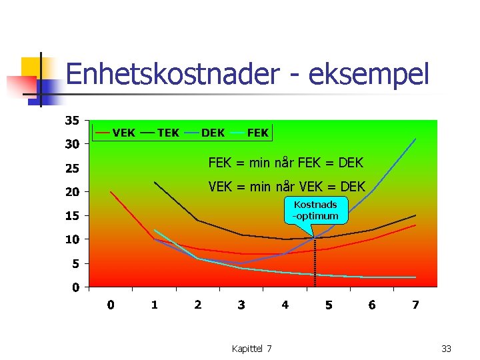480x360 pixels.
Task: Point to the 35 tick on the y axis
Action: point(71,121)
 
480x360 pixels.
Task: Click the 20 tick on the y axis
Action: point(71,192)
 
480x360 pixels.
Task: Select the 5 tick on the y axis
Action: point(75,264)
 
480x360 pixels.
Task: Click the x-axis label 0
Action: point(111,305)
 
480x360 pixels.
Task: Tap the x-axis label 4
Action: point(285,305)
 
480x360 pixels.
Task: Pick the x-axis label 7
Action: point(415,305)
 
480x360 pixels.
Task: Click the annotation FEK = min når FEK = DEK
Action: point(286,163)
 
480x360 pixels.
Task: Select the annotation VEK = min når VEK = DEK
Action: point(287,187)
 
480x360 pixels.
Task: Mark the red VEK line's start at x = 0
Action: point(111,192)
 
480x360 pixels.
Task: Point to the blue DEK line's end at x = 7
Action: point(415,139)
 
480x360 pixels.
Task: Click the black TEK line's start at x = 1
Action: point(155,182)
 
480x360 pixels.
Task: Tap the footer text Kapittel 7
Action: point(251,349)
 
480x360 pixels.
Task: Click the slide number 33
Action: point(447,349)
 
